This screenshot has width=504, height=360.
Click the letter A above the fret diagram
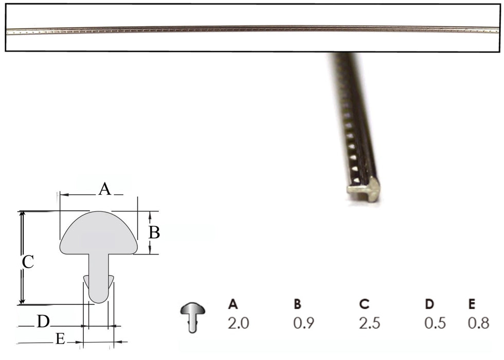pyautogui.click(x=104, y=189)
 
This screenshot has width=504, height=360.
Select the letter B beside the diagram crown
pyautogui.click(x=154, y=233)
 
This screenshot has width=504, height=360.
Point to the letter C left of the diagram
pyautogui.click(x=28, y=262)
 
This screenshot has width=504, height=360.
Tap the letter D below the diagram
pyautogui.click(x=43, y=322)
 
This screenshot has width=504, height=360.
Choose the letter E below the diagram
pyautogui.click(x=60, y=339)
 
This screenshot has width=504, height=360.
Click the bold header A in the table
pyautogui.click(x=233, y=304)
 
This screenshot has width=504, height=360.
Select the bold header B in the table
pyautogui.click(x=297, y=304)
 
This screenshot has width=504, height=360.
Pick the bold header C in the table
pyautogui.click(x=365, y=304)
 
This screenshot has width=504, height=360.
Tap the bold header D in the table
pyautogui.click(x=429, y=304)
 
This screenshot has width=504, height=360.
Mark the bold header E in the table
pyautogui.click(x=471, y=304)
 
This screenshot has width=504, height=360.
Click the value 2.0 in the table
pyautogui.click(x=239, y=323)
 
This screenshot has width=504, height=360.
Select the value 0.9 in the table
pyautogui.click(x=303, y=323)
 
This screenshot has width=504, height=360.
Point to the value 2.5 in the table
pyautogui.click(x=371, y=323)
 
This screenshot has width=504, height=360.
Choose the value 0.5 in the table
pyautogui.click(x=435, y=323)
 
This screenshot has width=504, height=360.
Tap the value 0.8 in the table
pyautogui.click(x=478, y=323)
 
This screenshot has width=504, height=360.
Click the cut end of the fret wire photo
pyautogui.click(x=364, y=191)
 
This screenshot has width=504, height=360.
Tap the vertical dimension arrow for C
pyautogui.click(x=22, y=257)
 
